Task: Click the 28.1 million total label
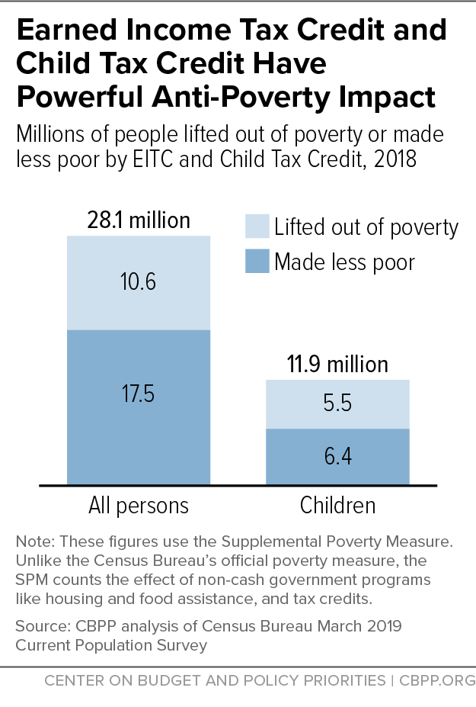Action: [138, 221]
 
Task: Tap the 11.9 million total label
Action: [337, 364]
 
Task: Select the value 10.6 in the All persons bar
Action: [138, 282]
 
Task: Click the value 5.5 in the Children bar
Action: [337, 403]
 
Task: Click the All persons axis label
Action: [138, 506]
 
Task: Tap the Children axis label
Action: [337, 506]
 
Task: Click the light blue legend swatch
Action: [257, 227]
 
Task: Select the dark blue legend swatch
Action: [257, 262]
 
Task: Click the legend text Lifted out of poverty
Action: [366, 227]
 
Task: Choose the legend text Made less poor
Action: [344, 262]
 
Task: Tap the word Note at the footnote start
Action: [33, 542]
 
